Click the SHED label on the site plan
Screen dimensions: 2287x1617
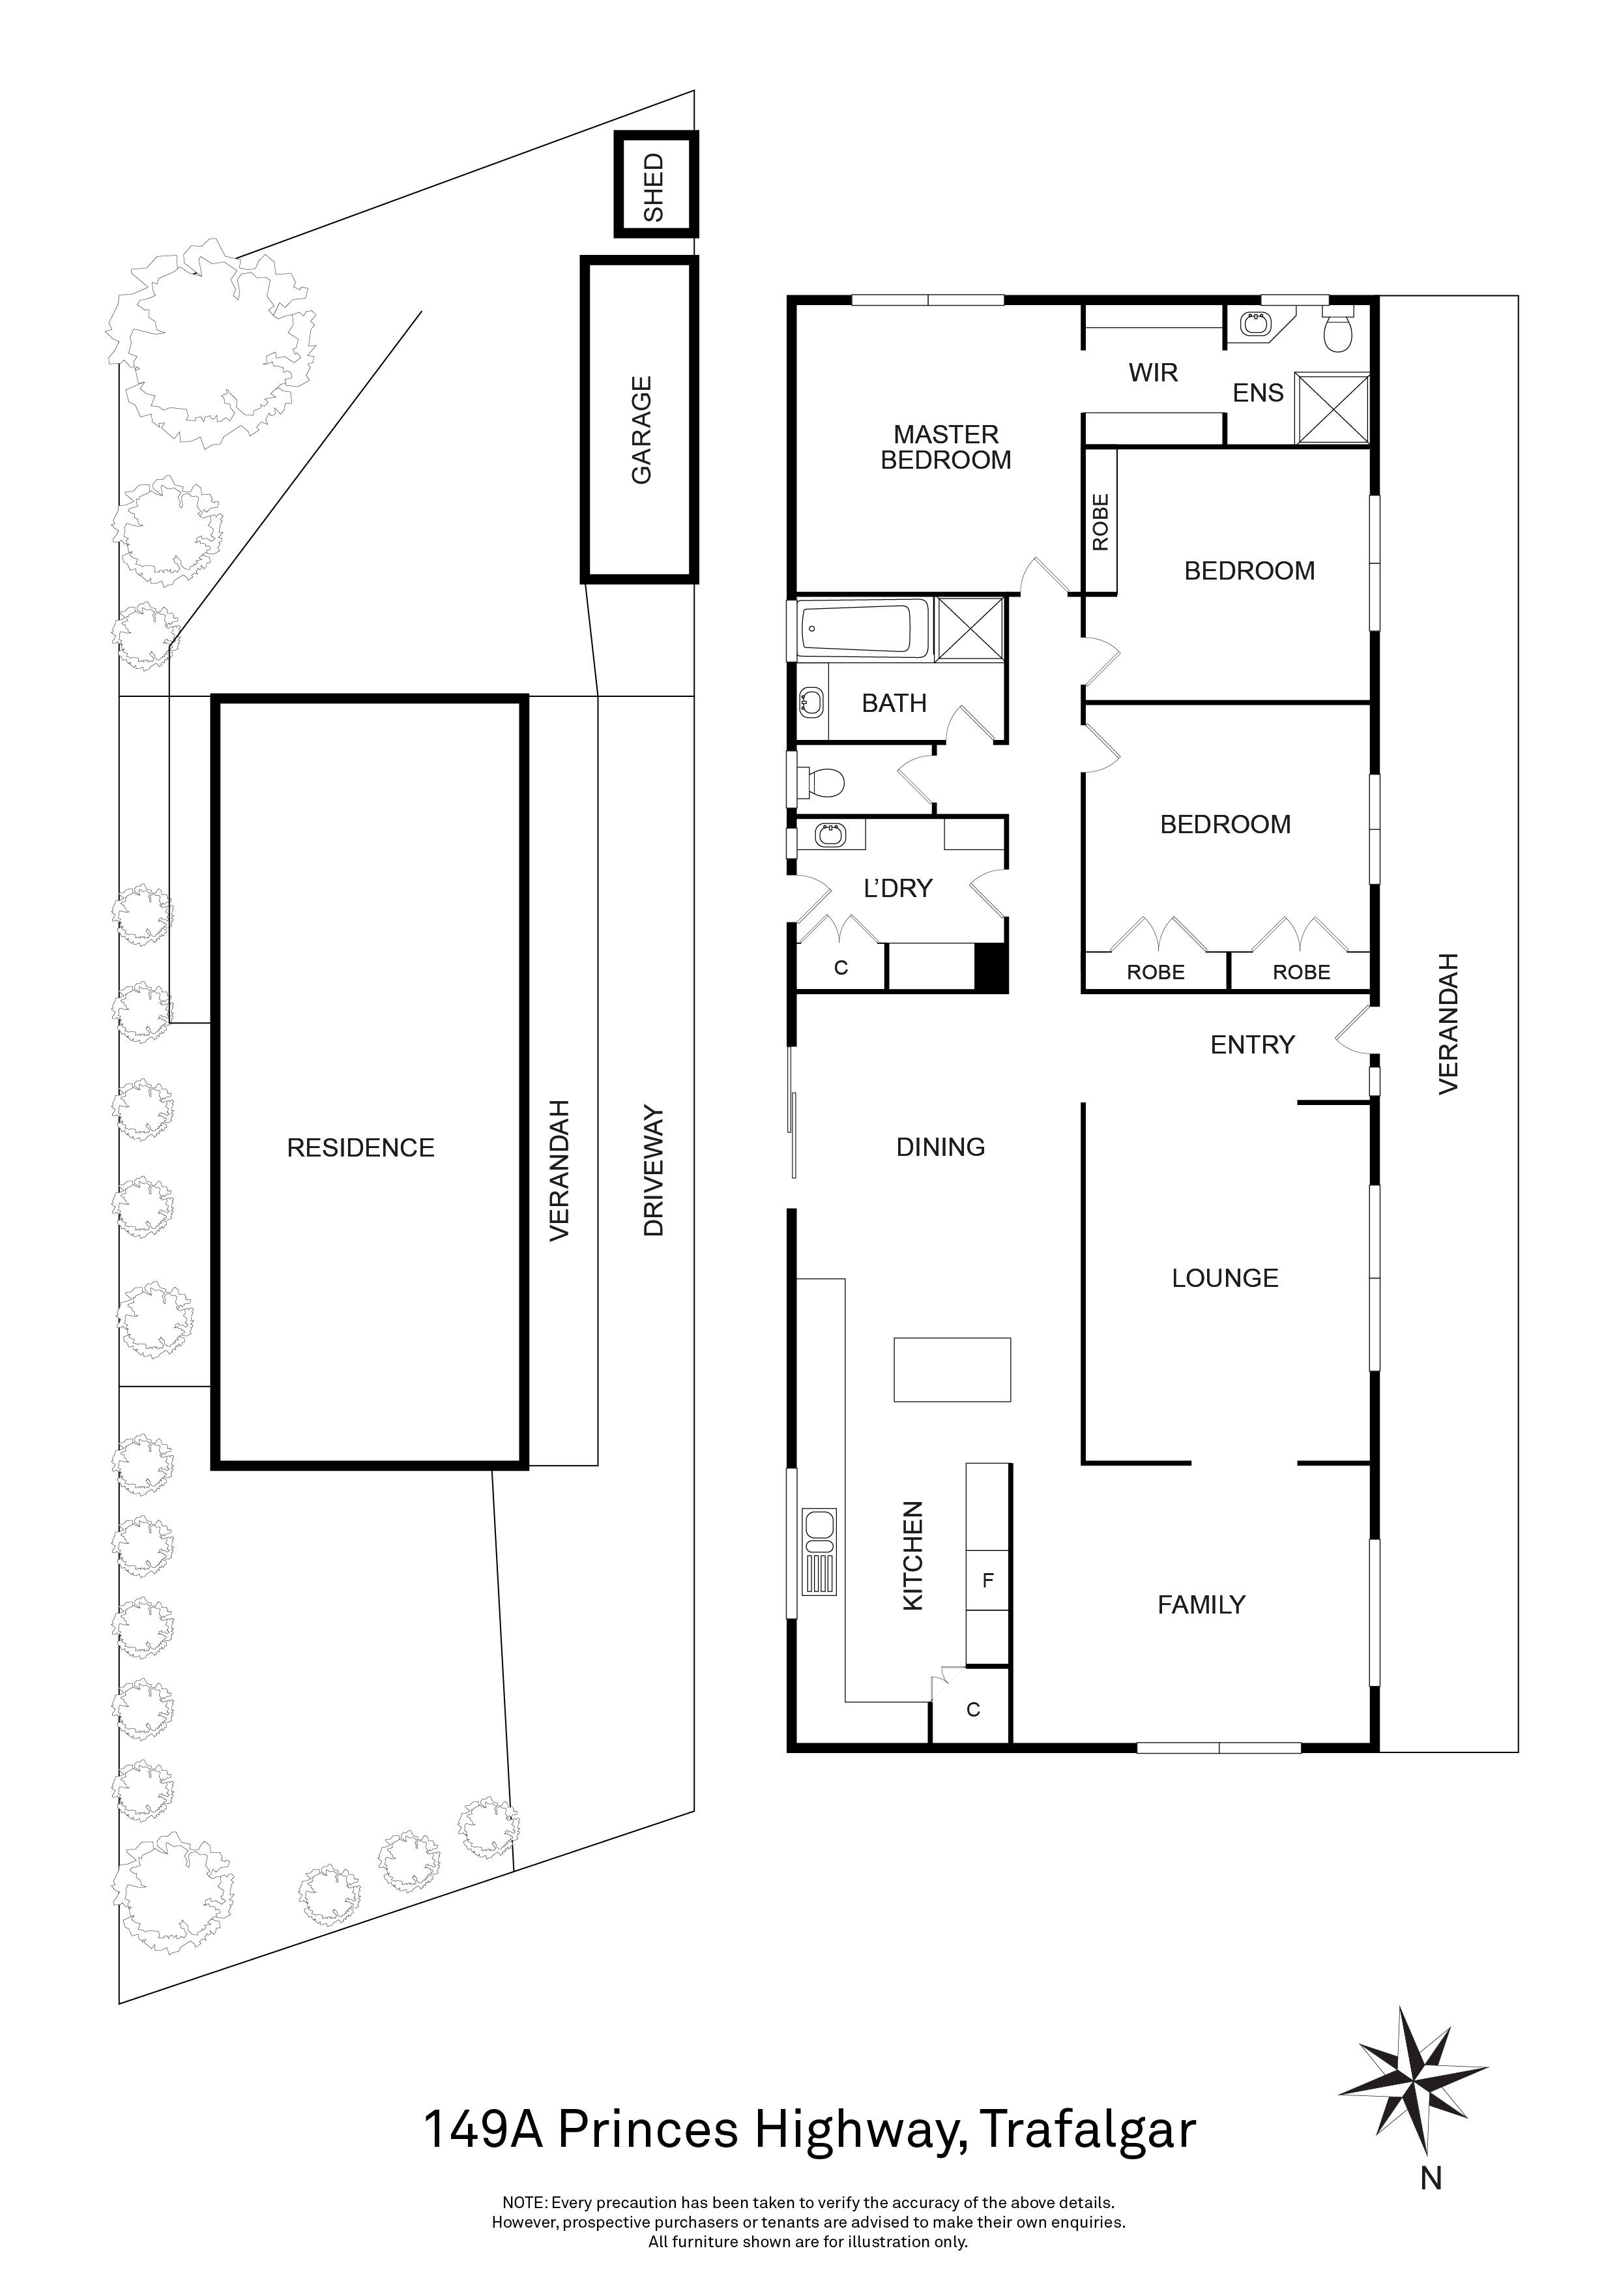coord(653,186)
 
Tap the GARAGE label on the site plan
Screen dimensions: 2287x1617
coord(641,430)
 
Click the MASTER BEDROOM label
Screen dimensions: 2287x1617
coord(946,447)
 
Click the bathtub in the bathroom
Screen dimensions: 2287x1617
coord(862,628)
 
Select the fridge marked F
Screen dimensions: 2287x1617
coord(987,1580)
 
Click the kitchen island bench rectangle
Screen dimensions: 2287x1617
coord(952,1370)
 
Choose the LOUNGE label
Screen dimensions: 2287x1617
coord(1225,1278)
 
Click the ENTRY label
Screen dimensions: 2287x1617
coord(1251,1045)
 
